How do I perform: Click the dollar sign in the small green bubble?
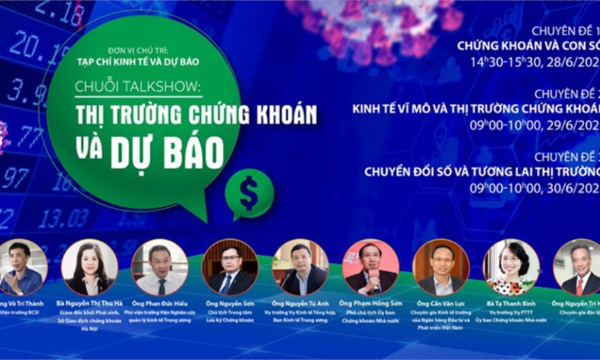tap(249, 193)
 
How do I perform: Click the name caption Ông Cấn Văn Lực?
tap(441, 303)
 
